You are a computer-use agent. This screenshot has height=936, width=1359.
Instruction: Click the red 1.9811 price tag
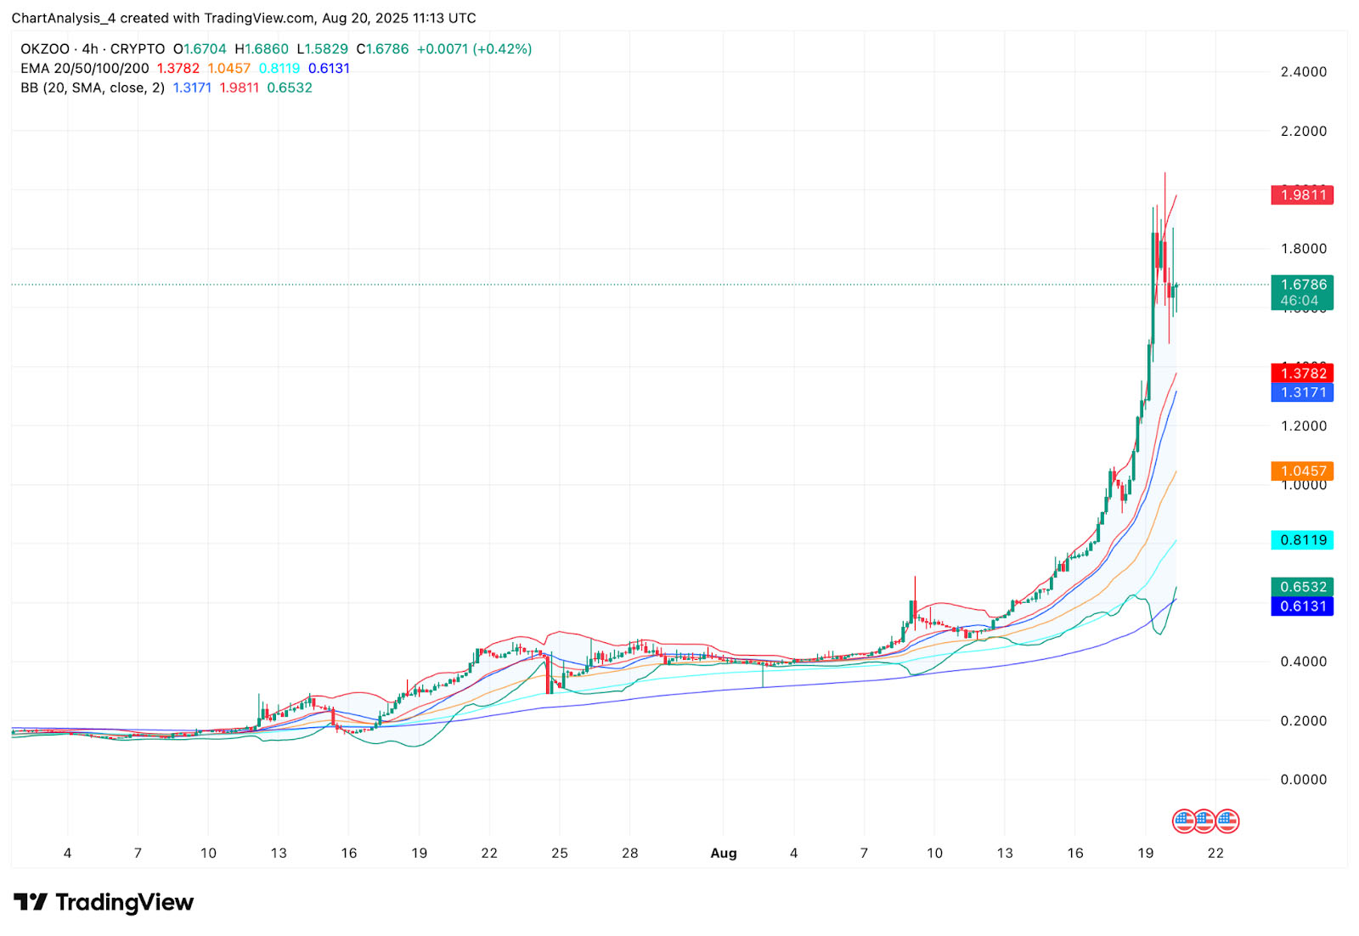coord(1302,195)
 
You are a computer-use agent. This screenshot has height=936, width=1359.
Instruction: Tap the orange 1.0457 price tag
coord(1302,471)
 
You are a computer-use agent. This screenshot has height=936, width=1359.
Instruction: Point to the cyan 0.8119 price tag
coord(1302,540)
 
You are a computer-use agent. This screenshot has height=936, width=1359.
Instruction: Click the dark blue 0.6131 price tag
coord(1302,606)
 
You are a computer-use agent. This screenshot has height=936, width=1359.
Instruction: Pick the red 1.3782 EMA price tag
coord(1302,374)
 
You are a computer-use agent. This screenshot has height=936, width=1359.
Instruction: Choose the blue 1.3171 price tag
coord(1302,392)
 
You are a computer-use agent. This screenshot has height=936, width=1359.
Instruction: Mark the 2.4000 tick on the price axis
coord(1303,72)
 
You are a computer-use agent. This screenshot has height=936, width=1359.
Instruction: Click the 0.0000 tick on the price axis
coord(1303,780)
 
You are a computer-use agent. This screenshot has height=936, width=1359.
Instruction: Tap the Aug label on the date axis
coord(724,854)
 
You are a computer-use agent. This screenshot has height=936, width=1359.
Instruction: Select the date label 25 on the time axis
coord(560,854)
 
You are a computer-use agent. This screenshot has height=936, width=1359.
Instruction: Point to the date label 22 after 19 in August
coord(1215,854)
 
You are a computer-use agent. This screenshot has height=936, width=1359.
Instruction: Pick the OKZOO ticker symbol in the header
coord(45,49)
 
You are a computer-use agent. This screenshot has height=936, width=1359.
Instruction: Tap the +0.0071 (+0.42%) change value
coord(474,49)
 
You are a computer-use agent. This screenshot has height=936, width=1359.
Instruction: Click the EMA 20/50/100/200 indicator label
coord(85,69)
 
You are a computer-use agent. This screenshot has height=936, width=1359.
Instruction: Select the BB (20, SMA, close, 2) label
coord(93,88)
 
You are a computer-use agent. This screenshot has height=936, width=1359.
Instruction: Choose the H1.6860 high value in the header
coord(262,49)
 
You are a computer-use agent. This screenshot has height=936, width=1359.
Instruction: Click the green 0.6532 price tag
coord(1302,587)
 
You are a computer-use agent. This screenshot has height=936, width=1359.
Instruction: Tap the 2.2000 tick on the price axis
coord(1303,132)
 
